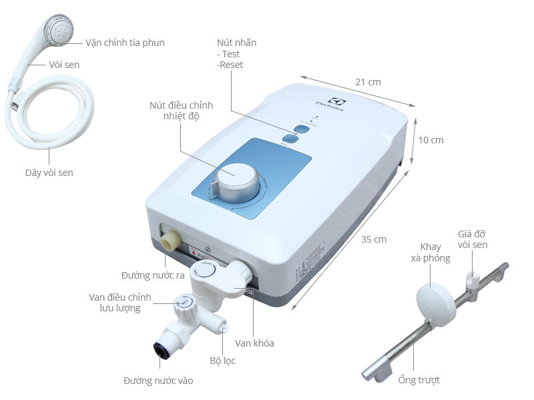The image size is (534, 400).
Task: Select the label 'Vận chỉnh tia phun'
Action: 125,43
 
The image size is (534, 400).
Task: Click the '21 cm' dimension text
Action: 368,82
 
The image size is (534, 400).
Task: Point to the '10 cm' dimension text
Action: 431,140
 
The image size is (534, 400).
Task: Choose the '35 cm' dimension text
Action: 374,239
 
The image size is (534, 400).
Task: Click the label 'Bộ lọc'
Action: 222,361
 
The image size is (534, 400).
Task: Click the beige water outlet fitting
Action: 170,239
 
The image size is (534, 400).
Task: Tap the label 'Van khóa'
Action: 254,343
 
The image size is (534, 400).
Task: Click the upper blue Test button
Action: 300,127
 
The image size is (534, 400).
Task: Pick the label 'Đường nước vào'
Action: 158,381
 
